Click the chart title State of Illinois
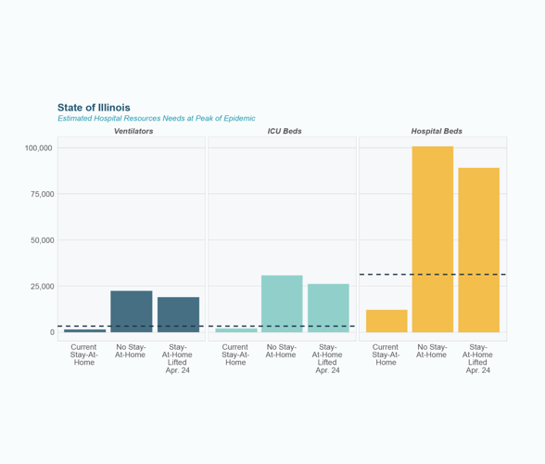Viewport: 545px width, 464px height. [94, 108]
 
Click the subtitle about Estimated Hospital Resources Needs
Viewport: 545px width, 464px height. [156, 119]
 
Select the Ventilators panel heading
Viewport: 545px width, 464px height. [133, 132]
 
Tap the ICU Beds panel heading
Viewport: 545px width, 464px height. [284, 132]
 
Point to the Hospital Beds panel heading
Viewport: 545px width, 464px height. [437, 132]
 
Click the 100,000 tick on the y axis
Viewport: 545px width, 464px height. [38, 148]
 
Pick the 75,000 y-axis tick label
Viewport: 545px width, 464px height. [41, 194]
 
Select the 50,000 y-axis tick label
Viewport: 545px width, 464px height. [41, 240]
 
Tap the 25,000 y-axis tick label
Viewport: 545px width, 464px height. [41, 286]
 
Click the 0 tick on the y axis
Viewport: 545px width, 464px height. [53, 332]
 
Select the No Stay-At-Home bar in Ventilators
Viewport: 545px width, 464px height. [131, 312]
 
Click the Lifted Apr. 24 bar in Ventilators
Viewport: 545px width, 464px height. [178, 315]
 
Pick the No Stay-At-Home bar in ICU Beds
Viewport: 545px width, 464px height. [282, 303]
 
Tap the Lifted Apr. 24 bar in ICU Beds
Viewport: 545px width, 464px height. [328, 308]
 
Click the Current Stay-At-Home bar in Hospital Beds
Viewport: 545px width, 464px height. [387, 321]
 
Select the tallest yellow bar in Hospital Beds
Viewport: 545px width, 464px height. [433, 239]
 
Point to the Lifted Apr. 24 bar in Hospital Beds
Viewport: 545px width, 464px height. [478, 250]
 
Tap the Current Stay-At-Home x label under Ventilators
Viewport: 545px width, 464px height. [84, 354]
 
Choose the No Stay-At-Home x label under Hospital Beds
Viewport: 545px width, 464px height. [432, 351]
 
